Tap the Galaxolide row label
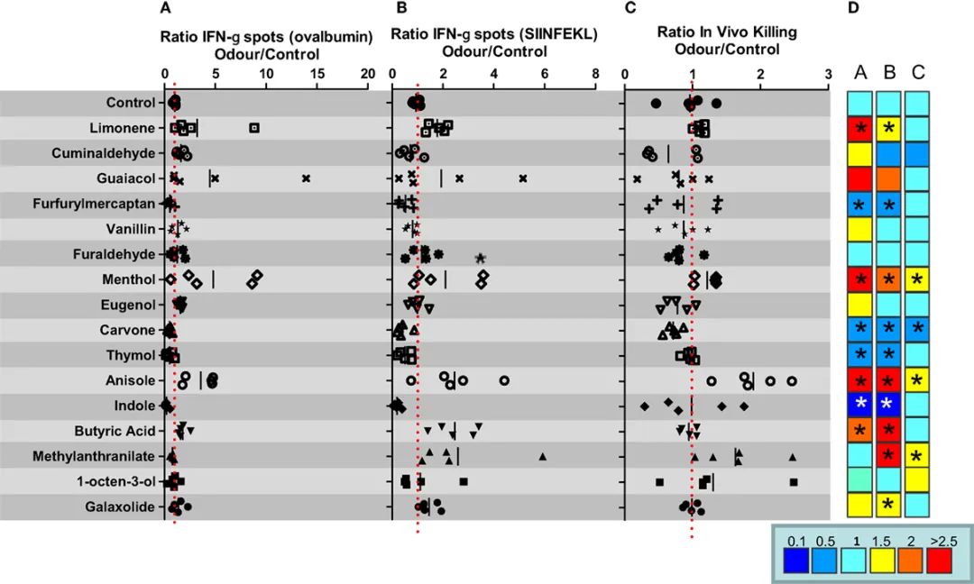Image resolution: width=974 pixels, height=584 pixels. coord(121,506)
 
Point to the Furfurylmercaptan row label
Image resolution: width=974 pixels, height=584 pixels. coord(96,204)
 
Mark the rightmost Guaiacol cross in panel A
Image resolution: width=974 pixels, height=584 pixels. coord(307,178)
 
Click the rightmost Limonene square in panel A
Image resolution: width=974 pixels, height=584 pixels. coord(254,128)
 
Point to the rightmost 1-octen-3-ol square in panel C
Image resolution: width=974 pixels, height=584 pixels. coord(794,482)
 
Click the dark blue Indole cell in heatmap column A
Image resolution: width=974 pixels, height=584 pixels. coord(861,406)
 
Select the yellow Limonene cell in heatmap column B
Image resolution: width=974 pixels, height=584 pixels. coord(888,128)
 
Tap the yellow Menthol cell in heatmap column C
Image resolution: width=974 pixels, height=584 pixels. coord(916,279)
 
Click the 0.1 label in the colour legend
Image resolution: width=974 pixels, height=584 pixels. coord(795,541)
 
